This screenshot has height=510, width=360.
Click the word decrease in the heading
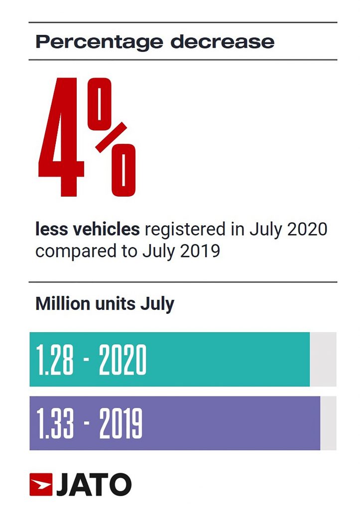pos(222,41)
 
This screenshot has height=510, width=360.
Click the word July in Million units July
pos(159,304)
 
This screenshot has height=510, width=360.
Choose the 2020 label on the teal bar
pos(122,360)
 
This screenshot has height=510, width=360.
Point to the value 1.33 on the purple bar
pos(55,423)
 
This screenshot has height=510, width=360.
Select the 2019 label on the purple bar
pos(120,423)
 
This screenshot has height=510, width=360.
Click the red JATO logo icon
pos(41,484)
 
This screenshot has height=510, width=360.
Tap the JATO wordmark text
pos(94,485)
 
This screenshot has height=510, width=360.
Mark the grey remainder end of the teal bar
pos(323,359)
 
